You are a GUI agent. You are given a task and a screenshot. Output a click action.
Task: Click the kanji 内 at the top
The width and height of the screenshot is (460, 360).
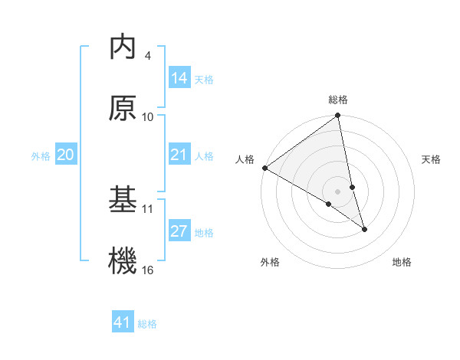123,47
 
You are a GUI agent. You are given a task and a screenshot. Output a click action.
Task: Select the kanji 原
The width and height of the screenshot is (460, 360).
123,109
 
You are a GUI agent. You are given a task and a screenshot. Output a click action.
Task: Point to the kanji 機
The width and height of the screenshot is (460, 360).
123,260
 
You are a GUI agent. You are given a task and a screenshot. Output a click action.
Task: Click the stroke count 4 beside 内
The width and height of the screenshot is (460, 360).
147,55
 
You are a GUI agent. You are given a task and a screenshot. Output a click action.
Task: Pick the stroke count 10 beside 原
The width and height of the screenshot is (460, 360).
148,116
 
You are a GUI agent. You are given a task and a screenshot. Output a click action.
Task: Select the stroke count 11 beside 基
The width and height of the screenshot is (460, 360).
148,208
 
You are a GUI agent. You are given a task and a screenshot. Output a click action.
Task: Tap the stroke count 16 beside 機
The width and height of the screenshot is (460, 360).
148,269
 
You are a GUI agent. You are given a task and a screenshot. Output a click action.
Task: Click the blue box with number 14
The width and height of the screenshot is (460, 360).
179,78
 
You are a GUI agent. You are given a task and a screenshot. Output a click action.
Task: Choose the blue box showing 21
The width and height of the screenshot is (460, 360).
179,155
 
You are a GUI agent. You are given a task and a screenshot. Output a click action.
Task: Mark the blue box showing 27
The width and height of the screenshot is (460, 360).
179,231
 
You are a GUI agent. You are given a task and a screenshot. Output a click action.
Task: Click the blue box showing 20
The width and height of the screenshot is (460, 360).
66,155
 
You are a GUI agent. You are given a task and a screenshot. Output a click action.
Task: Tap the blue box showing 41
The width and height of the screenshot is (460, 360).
123,322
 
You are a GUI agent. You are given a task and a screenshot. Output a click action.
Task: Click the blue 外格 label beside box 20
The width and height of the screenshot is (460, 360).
41,156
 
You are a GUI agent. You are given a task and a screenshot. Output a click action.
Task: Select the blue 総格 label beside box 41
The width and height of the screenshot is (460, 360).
147,324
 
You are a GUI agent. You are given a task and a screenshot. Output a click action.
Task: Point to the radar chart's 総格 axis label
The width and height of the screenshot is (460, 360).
338,100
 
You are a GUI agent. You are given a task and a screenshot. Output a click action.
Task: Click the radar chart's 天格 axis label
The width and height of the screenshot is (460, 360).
431,159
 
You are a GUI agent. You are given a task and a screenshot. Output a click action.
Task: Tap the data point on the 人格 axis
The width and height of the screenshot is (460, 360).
264,168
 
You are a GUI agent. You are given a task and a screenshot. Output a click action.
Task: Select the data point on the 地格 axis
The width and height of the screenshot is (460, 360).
364,229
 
